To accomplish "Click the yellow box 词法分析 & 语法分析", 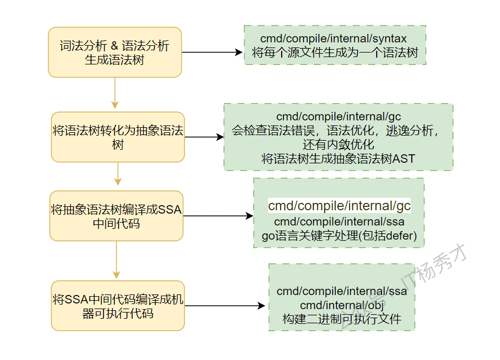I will click(115, 52).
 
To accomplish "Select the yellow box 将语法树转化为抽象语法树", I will click(118, 137).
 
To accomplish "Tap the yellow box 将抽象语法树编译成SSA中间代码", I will click(116, 216).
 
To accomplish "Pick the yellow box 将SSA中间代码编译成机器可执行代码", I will click(118, 306).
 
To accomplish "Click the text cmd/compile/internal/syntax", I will click(334, 38).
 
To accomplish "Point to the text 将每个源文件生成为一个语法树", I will click(334, 53).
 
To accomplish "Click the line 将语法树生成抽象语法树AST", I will click(338, 159).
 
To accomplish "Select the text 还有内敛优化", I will click(338, 145).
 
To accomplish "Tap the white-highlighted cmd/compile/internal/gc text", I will click(339, 206).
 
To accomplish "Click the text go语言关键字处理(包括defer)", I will click(339, 236).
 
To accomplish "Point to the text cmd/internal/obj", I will click(341, 305).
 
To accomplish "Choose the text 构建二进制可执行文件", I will click(341, 319).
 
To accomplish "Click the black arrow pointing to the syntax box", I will click(212, 53).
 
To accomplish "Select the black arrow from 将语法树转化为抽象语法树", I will click(204, 137).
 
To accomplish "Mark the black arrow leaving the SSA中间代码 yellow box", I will click(218, 216).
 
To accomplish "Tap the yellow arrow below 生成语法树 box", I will click(115, 93).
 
